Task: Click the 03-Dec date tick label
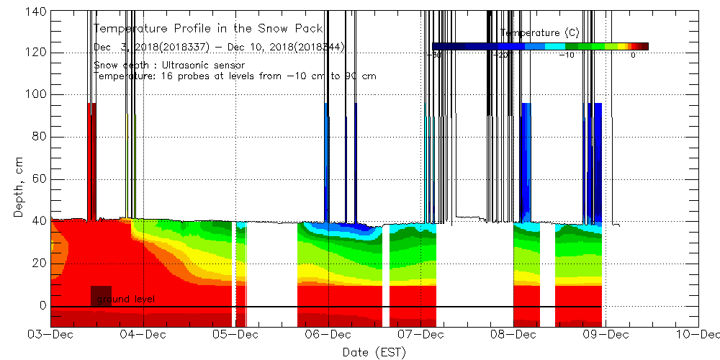click(x=50, y=335)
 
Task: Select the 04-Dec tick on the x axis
click(x=142, y=335)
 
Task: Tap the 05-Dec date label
click(x=235, y=335)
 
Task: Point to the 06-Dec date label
click(x=328, y=335)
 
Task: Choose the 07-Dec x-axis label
click(x=420, y=335)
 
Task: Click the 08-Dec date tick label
click(x=513, y=335)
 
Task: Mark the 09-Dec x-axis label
click(x=606, y=335)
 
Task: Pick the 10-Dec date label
click(x=698, y=335)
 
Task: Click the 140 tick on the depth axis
click(x=35, y=11)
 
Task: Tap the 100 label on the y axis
click(x=35, y=94)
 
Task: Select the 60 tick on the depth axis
click(x=38, y=179)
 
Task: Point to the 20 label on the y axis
click(x=38, y=264)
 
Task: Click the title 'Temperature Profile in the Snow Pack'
click(x=208, y=29)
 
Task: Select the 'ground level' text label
click(x=125, y=299)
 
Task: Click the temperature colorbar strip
click(x=540, y=46)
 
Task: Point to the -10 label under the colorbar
click(x=567, y=55)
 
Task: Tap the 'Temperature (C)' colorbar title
click(x=539, y=33)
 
